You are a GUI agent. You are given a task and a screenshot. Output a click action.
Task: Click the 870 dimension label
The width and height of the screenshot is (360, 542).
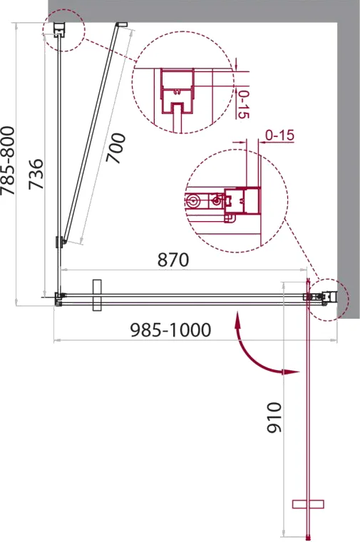173,260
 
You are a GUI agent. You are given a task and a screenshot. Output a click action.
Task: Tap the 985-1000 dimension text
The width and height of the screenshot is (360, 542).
170,330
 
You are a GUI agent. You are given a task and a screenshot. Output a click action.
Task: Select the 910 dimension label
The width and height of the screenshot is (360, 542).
274,417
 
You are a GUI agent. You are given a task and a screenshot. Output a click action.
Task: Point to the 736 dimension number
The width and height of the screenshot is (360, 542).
36,174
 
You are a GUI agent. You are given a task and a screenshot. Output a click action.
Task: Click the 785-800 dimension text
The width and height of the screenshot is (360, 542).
8,160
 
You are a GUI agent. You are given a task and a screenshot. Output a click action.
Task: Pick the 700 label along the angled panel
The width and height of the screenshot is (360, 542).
115,148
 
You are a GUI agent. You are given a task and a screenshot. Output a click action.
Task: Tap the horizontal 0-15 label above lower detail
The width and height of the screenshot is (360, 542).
279,135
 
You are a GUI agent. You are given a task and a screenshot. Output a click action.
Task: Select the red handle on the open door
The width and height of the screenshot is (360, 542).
308,504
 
